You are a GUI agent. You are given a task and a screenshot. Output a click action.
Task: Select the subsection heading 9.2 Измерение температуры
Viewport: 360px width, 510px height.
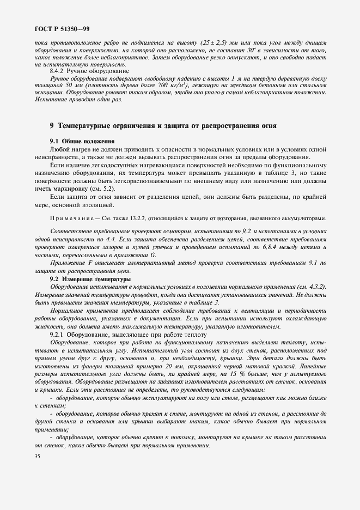(89, 278)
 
